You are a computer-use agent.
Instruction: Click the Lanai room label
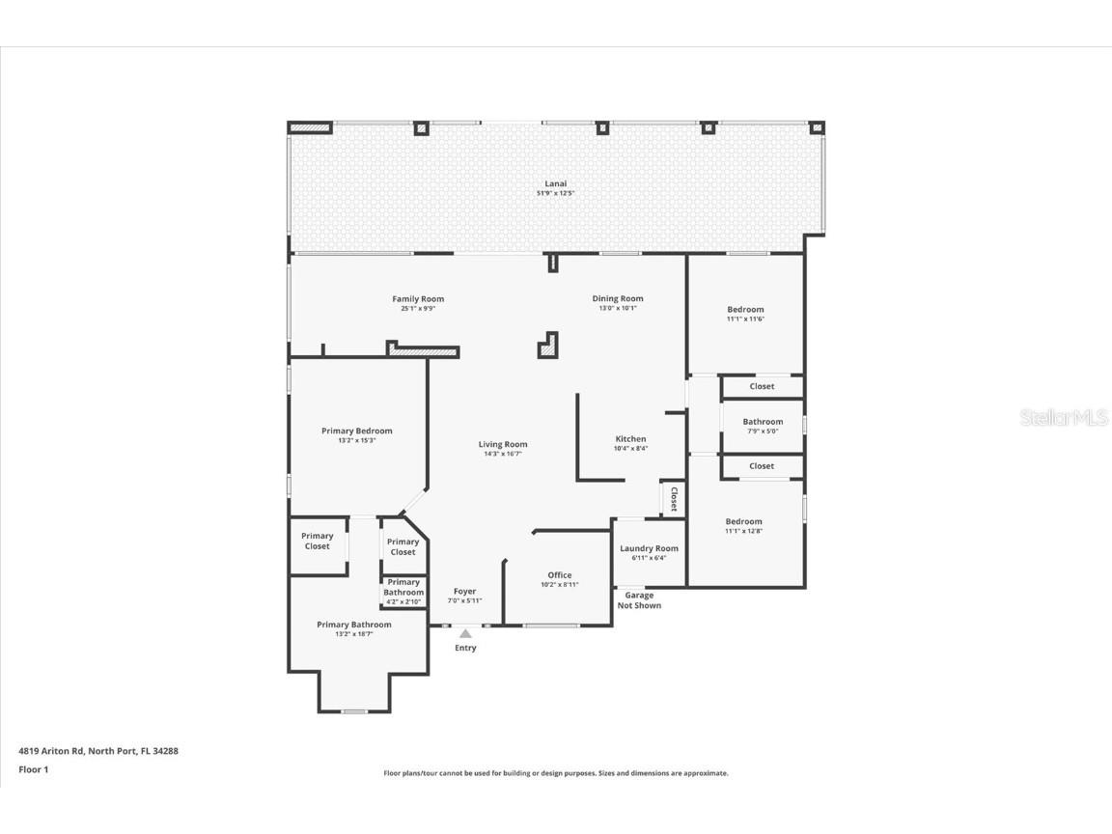(555, 183)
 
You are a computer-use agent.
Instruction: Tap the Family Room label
(418, 299)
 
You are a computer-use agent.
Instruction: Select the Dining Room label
(618, 299)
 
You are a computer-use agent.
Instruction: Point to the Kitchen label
(630, 439)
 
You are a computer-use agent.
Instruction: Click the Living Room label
(503, 445)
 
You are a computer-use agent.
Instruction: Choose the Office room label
(560, 575)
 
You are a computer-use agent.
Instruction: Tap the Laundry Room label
(649, 548)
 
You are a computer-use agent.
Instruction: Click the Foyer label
(465, 592)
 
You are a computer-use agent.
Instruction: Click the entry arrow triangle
(465, 633)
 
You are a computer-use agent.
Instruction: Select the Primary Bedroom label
(357, 431)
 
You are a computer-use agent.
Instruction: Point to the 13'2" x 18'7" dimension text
(354, 634)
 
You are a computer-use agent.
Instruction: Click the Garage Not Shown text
(639, 600)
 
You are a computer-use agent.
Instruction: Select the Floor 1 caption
(33, 769)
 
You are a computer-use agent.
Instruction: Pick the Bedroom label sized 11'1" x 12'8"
(744, 522)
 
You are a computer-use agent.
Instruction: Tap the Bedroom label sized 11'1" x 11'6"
(745, 310)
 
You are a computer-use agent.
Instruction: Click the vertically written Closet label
(674, 499)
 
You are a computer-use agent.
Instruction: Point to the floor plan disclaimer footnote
(556, 773)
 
